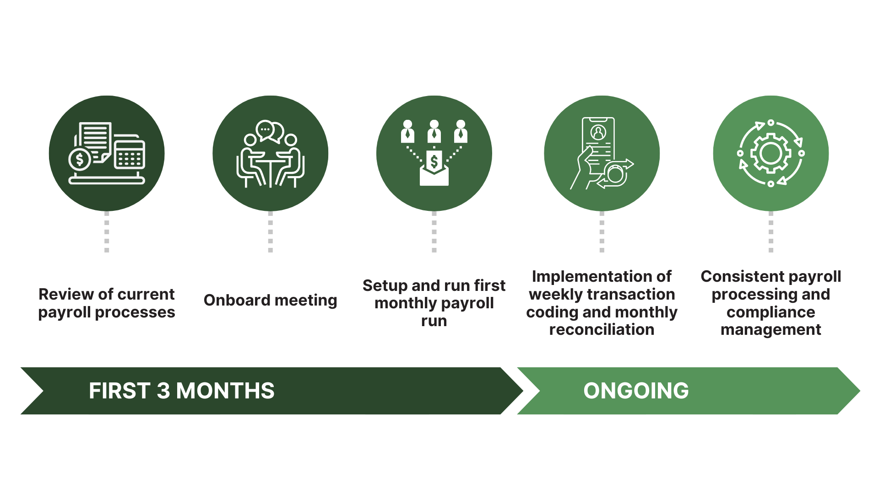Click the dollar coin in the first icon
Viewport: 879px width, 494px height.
tap(80, 160)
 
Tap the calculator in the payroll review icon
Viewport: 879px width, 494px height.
tap(130, 155)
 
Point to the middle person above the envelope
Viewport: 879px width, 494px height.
tap(434, 132)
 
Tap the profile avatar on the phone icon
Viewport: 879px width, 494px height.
tap(598, 133)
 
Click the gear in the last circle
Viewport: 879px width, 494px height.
tap(770, 153)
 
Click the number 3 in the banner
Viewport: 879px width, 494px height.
tap(163, 391)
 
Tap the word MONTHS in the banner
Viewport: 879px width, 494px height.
tap(225, 391)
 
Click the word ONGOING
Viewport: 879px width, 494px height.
tap(636, 391)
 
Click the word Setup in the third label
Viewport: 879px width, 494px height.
tap(385, 286)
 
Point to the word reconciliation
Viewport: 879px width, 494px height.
tap(602, 330)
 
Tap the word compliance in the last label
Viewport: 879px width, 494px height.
tap(770, 312)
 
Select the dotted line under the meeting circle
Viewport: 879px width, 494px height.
tap(271, 232)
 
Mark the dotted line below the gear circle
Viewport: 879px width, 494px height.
tap(771, 232)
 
